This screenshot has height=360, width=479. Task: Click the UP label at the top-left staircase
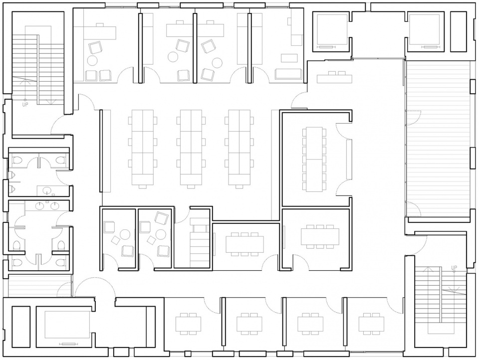pyautogui.click(x=25, y=105)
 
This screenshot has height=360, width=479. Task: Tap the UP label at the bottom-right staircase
pyautogui.click(x=454, y=268)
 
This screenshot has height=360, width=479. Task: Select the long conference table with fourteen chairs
pyautogui.click(x=314, y=160)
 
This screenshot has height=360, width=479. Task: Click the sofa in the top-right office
pyautogui.click(x=289, y=74)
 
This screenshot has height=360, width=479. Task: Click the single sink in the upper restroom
pyautogui.click(x=47, y=190)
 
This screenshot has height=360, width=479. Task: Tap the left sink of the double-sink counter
pyautogui.click(x=39, y=206)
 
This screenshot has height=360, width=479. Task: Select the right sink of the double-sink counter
pyautogui.click(x=55, y=206)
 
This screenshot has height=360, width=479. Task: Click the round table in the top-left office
pyautogui.click(x=92, y=60)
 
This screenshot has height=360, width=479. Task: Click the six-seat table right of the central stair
pyautogui.click(x=244, y=243)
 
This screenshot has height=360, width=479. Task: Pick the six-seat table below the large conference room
pyautogui.click(x=320, y=235)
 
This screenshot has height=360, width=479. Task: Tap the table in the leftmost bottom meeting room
pyautogui.click(x=188, y=324)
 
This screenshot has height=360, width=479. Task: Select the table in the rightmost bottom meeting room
pyautogui.click(x=371, y=324)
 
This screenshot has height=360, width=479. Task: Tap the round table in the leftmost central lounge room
pyautogui.click(x=125, y=235)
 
